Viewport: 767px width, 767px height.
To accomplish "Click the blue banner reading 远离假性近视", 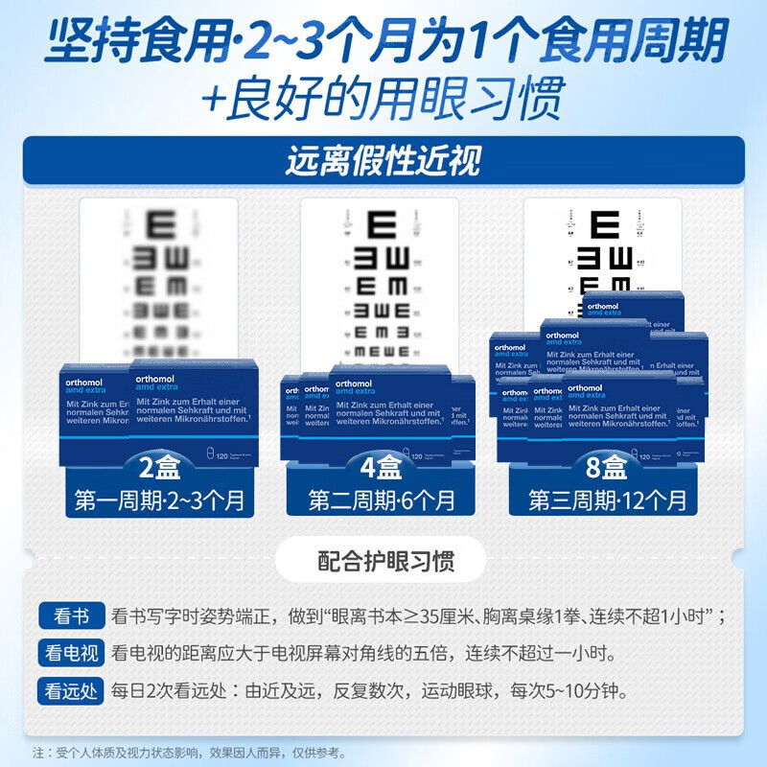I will coord(383,160).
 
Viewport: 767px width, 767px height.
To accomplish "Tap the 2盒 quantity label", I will coord(159,470).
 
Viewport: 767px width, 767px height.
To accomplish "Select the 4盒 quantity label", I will coord(382,470).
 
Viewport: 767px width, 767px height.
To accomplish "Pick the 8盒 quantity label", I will coord(607,470).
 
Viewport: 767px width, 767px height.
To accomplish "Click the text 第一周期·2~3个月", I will coord(159,500).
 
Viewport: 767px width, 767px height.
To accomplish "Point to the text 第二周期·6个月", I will coord(382,500).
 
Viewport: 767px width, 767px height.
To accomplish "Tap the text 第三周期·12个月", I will coord(607,500).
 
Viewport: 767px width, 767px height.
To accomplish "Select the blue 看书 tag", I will coord(69,616).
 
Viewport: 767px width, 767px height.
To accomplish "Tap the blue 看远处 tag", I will coord(69,690).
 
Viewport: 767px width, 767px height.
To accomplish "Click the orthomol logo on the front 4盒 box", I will coord(359,381).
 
